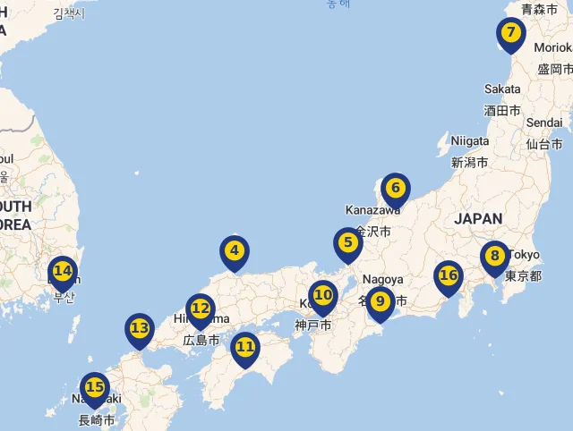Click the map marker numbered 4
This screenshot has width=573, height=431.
pos(234,252)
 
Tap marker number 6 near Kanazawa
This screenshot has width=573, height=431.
pos(395,189)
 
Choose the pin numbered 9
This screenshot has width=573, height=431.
pos(380,302)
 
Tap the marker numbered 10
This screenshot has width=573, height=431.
pos(322,295)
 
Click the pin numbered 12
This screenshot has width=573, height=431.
pos(201,309)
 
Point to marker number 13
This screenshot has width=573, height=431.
pos(139,329)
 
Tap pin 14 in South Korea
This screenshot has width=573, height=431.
pos(62,271)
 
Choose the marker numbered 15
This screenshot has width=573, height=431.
pos(94,389)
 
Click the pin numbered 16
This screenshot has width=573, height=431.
pos(448,276)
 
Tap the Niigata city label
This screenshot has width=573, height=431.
pos(470,141)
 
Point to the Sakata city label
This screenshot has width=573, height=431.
pos(502,89)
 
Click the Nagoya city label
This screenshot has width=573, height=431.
pos(383,279)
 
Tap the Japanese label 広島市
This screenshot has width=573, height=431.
pos(201,341)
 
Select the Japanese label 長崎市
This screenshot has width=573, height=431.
pos(97,420)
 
